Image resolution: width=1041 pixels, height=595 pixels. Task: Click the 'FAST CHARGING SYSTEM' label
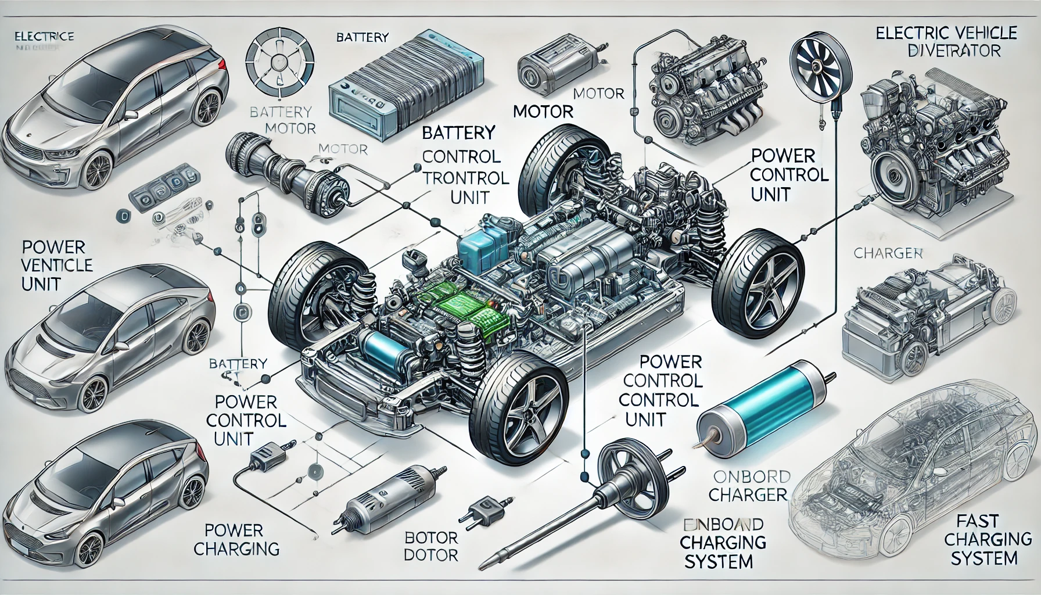(980, 539)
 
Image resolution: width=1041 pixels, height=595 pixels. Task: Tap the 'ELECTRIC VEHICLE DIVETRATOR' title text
(945, 41)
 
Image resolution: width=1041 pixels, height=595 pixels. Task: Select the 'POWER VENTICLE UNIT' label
(56, 266)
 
